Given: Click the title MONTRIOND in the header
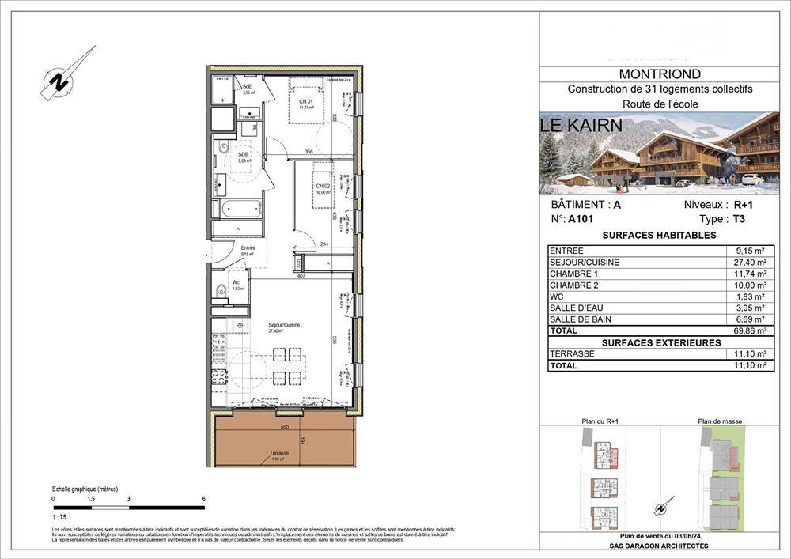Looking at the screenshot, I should click(x=659, y=75).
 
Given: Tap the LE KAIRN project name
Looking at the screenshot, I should click(x=586, y=125).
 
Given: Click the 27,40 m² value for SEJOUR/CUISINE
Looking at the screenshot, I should click(x=749, y=262).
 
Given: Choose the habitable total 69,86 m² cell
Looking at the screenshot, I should click(x=749, y=331).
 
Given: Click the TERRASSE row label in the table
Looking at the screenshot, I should click(x=573, y=354).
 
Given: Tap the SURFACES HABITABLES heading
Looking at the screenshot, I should click(x=659, y=236).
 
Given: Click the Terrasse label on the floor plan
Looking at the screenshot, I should click(x=277, y=454).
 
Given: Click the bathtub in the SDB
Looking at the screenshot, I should click(x=237, y=210).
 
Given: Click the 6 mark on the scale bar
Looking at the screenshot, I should click(x=204, y=499).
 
